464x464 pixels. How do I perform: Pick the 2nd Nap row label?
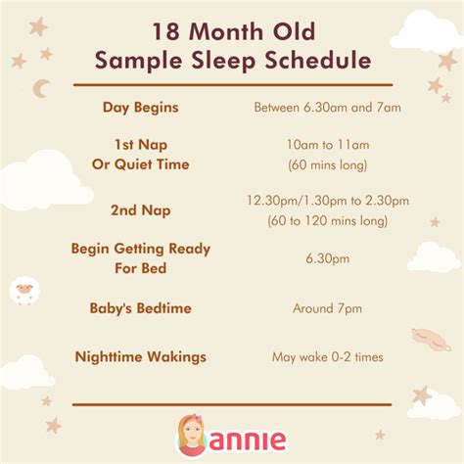pos(139,209)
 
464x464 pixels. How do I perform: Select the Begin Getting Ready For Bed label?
pos(139,258)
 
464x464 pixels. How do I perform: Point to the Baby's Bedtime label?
pos(139,308)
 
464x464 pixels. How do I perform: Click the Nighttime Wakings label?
pos(140,356)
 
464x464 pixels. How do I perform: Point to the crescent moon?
pos(41,89)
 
